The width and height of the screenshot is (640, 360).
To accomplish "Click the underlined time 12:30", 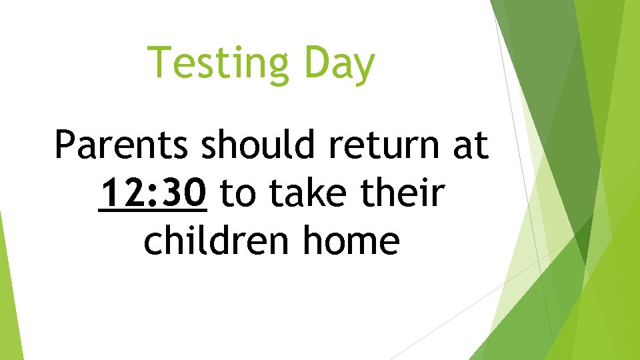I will click(152, 193).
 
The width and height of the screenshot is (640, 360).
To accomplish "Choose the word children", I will click(219, 241).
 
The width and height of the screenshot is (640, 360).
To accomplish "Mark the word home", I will click(351, 241).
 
